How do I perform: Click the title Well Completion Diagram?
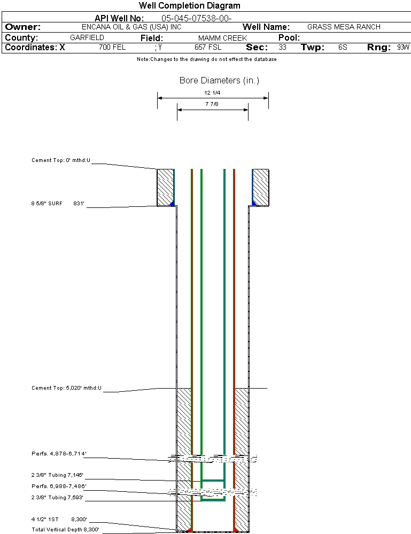click(x=189, y=6)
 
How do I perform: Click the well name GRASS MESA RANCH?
click(x=344, y=27)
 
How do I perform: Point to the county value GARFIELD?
click(x=87, y=38)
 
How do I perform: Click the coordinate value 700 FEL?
click(x=112, y=48)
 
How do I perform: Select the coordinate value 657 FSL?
click(x=208, y=48)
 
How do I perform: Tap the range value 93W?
click(x=403, y=48)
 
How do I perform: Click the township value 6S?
click(x=343, y=48)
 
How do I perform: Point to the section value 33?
click(x=282, y=48)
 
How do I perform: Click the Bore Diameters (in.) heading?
click(x=219, y=81)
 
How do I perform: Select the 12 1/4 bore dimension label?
click(x=212, y=92)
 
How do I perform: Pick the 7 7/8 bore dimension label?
click(x=212, y=104)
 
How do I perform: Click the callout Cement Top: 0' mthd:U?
click(x=61, y=160)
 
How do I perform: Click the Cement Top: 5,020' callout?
click(x=66, y=388)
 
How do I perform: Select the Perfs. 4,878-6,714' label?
click(x=59, y=454)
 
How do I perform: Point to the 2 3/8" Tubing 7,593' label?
click(x=57, y=498)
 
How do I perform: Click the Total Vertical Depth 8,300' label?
click(x=65, y=530)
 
